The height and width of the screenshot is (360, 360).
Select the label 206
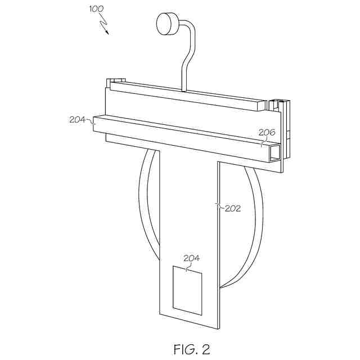pos(267,133)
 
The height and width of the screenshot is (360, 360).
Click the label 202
pos(232,208)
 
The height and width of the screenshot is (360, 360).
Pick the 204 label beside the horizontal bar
pos(78,119)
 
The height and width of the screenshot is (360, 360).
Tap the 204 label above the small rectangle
pos(192,258)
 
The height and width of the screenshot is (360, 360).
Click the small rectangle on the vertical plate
pos(187,290)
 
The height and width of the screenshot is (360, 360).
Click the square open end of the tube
pos(274,152)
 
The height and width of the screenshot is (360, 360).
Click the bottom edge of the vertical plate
pos(188,321)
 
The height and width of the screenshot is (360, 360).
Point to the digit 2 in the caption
pos(205,349)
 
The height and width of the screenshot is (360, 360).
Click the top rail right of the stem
pos(225,96)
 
